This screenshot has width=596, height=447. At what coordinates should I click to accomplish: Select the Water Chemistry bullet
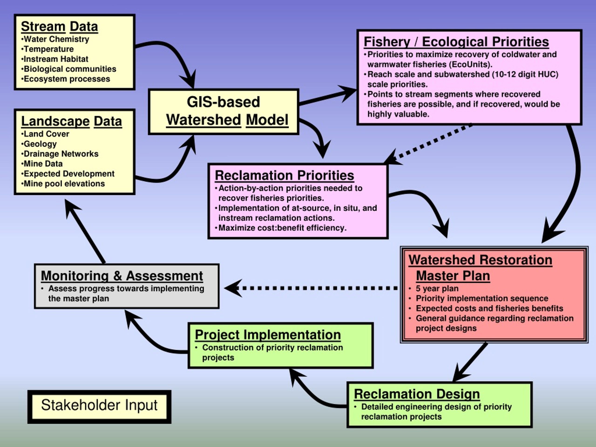point(55,39)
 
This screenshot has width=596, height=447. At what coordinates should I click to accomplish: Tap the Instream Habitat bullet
point(55,59)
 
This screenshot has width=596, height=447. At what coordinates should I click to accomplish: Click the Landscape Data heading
point(71,121)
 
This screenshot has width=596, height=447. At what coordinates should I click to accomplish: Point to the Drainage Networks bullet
point(60,154)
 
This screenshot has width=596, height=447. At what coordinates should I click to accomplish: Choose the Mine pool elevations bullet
point(63,184)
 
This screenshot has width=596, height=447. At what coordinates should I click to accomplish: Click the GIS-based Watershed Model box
point(224,112)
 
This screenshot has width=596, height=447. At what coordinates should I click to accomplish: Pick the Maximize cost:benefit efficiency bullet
point(281,228)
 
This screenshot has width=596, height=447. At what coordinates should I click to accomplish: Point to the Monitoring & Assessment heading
point(122,276)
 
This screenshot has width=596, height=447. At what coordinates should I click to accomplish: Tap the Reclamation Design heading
point(417,394)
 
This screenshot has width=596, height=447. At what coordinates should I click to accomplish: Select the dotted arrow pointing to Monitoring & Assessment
point(311,288)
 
